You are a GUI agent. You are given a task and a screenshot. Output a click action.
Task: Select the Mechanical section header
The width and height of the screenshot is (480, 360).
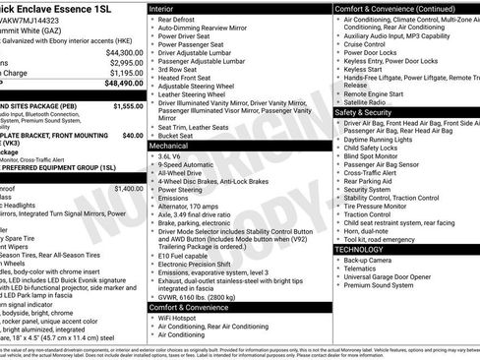pyautogui.click(x=172, y=145)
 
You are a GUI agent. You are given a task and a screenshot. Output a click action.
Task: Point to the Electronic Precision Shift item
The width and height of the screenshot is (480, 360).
pyautogui.click(x=201, y=265)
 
